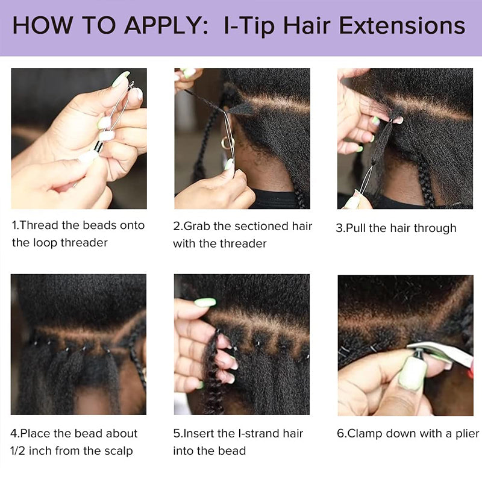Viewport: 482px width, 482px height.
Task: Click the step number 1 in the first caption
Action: pos(14,225)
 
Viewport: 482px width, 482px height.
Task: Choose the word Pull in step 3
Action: pos(357,228)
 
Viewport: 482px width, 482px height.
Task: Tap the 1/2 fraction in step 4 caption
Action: pos(21,451)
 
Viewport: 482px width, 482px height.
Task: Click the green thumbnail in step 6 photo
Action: pos(413,374)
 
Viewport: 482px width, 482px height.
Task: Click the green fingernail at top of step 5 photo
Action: pos(205,302)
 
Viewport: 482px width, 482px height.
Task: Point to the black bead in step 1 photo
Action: pos(96,146)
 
